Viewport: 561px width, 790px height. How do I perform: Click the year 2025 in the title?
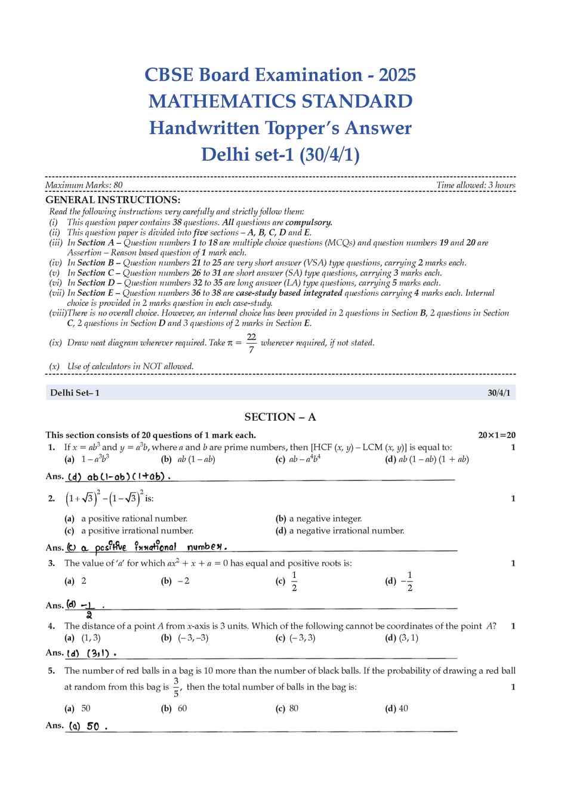click(x=397, y=75)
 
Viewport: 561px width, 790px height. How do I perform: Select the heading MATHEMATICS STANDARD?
click(x=280, y=101)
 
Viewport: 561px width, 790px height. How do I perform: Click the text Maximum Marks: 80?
click(x=84, y=185)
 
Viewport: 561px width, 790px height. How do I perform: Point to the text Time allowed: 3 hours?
click(x=476, y=185)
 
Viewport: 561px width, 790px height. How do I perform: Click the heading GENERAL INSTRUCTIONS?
click(x=113, y=200)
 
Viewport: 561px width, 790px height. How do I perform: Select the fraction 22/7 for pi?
click(x=251, y=343)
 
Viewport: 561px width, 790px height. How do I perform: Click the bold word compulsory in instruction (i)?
click(x=309, y=222)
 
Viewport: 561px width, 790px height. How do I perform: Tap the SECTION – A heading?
click(x=280, y=417)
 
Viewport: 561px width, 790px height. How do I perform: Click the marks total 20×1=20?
click(x=497, y=435)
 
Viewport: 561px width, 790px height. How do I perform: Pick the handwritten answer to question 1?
click(x=119, y=477)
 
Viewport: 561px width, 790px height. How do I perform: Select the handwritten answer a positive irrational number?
click(x=147, y=547)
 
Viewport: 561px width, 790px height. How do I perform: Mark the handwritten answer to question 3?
click(x=84, y=608)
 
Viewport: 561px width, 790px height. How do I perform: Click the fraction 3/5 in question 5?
click(x=176, y=687)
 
